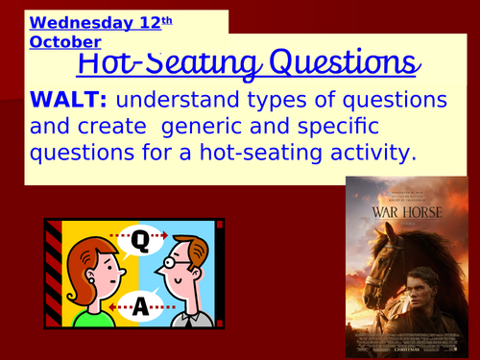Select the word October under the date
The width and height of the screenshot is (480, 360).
[65, 42]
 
